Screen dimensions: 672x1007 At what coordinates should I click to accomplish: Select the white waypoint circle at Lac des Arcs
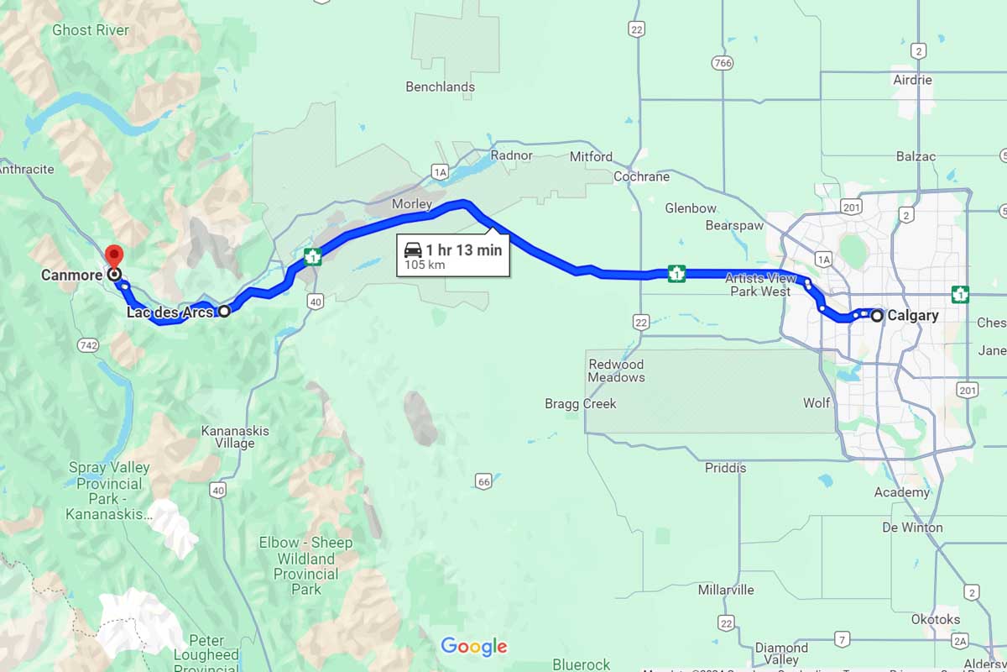pyautogui.click(x=224, y=312)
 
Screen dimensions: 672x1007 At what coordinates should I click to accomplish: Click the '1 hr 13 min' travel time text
pyautogui.click(x=463, y=249)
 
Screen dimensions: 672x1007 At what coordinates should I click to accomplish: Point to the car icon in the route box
pyautogui.click(x=413, y=249)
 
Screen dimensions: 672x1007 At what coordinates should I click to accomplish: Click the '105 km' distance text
pyautogui.click(x=425, y=265)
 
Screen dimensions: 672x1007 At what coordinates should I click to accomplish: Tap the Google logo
pyautogui.click(x=474, y=646)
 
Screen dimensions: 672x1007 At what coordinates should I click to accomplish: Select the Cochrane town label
pyautogui.click(x=641, y=176)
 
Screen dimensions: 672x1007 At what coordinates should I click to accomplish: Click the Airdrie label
pyautogui.click(x=913, y=80)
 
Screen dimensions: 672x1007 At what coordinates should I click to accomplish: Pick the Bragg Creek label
pyautogui.click(x=581, y=404)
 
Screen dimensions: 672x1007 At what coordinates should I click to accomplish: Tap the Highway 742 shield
pyautogui.click(x=87, y=345)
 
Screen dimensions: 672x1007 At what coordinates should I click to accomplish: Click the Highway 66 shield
pyautogui.click(x=483, y=481)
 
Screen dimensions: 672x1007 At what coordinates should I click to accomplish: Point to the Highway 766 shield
pyautogui.click(x=721, y=63)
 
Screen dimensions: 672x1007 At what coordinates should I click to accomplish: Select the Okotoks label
pyautogui.click(x=936, y=619)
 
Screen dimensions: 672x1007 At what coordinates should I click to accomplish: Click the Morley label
pyautogui.click(x=412, y=204)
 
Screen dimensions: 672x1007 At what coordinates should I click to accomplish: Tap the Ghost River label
pyautogui.click(x=91, y=30)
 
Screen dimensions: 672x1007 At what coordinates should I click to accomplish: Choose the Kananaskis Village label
pyautogui.click(x=235, y=437)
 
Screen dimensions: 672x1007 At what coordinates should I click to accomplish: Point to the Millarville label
pyautogui.click(x=726, y=590)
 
